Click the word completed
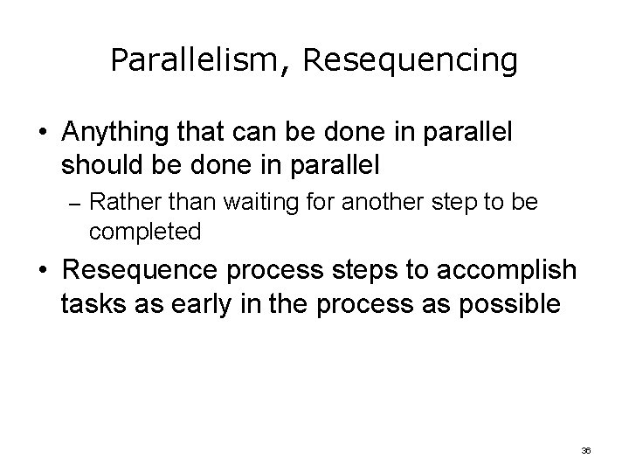145,232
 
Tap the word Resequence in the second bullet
139,270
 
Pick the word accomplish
497,270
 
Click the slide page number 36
586,449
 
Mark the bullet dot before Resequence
43,271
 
